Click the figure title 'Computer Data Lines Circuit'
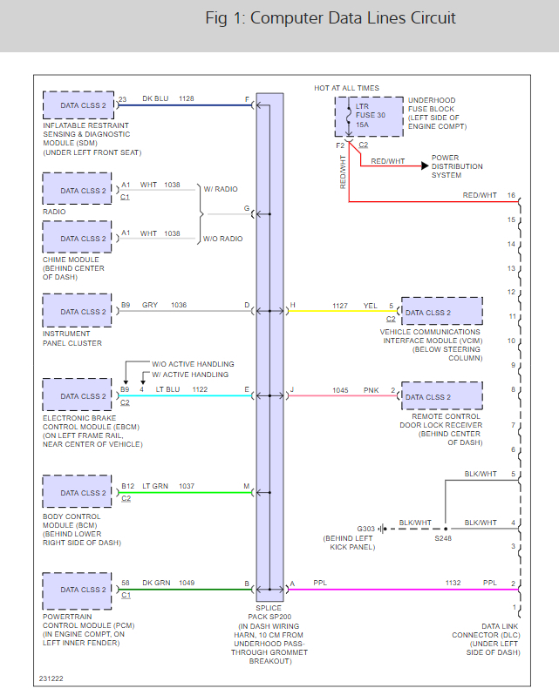tap(331, 18)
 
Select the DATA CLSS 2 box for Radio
tap(78, 190)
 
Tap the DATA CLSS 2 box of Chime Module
tap(78, 238)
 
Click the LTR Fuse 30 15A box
tap(368, 116)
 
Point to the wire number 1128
tap(187, 99)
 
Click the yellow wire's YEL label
tap(371, 306)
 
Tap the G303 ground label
tap(366, 529)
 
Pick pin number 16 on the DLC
tap(511, 195)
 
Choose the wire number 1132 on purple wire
tap(452, 584)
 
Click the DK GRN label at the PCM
tap(157, 583)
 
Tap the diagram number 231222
tap(51, 677)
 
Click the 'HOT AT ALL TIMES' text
tap(346, 88)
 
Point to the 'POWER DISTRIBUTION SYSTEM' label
tap(457, 166)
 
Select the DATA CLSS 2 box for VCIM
tap(441, 312)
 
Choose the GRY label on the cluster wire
tap(150, 305)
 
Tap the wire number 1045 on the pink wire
tap(341, 389)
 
